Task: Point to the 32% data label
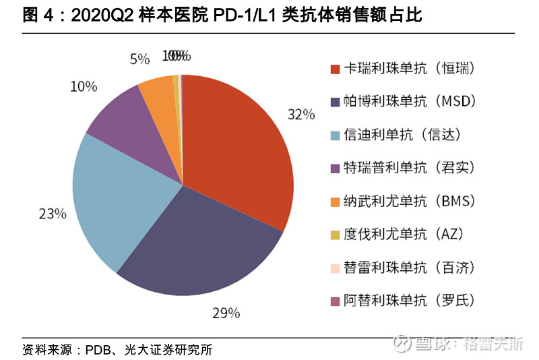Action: [300, 114]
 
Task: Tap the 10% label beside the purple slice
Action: [84, 86]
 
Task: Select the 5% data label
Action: [139, 59]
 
